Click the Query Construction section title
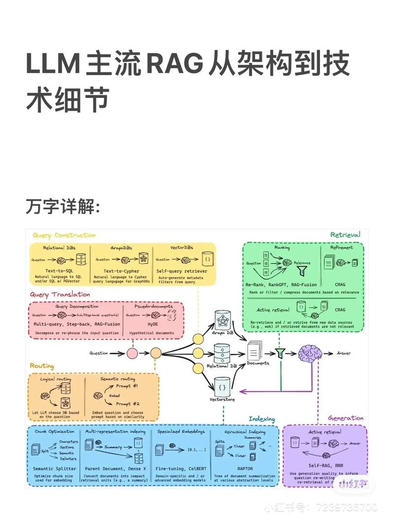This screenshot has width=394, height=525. (64, 235)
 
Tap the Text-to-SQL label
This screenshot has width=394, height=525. (59, 271)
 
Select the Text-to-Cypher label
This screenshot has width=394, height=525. (121, 271)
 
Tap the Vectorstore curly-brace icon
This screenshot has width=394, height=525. (223, 387)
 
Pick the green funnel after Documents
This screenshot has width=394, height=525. (280, 353)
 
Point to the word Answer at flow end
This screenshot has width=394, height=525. (344, 353)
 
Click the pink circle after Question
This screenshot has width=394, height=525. (132, 353)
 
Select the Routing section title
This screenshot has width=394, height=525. (42, 366)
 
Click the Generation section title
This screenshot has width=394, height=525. (346, 418)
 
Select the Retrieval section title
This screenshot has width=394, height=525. (345, 235)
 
